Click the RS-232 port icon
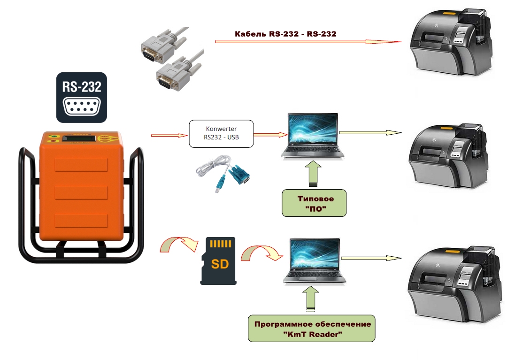point(82,98)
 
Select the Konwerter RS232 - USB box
point(221,134)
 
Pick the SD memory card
point(218,260)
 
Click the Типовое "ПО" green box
point(314,203)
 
